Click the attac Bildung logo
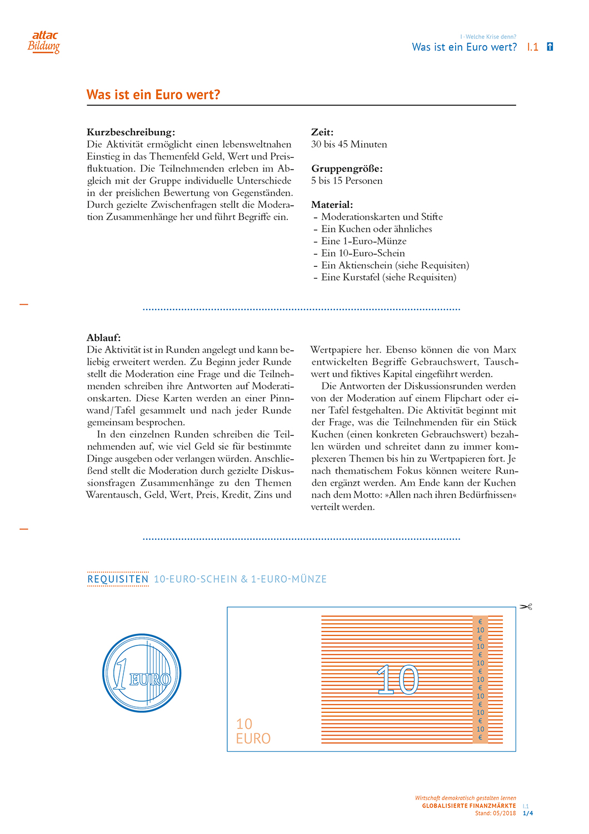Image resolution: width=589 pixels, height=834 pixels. click(x=44, y=42)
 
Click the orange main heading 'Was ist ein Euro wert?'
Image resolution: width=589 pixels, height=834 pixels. click(x=153, y=95)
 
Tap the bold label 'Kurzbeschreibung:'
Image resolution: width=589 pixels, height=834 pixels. click(x=131, y=132)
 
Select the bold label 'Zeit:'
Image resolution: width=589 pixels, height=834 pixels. click(x=322, y=132)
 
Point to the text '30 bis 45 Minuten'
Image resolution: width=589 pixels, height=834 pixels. click(x=349, y=145)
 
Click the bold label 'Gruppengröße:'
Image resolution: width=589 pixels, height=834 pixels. click(x=347, y=168)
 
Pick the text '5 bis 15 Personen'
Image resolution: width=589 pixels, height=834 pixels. click(x=347, y=181)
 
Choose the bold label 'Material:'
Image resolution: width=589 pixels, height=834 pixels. click(x=332, y=205)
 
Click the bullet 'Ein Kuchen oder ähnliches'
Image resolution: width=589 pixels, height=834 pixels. click(x=376, y=229)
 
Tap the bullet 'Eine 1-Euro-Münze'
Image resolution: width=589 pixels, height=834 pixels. click(x=363, y=241)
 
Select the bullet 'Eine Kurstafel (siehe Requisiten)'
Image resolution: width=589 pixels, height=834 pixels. click(x=388, y=277)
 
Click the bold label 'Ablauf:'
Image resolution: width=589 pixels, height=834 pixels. click(x=103, y=337)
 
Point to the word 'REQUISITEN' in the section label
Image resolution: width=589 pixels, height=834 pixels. click(x=118, y=579)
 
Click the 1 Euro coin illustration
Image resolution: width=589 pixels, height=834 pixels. click(x=142, y=673)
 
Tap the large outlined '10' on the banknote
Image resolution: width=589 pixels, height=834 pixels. click(x=398, y=679)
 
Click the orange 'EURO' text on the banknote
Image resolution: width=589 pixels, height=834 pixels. click(x=253, y=739)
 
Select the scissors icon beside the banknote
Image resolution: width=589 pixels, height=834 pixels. click(x=526, y=607)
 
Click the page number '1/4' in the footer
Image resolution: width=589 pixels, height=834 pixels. click(x=528, y=813)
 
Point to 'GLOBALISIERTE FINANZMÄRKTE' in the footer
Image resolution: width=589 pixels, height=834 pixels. click(x=468, y=806)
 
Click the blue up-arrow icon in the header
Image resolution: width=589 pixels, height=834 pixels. click(x=550, y=47)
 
